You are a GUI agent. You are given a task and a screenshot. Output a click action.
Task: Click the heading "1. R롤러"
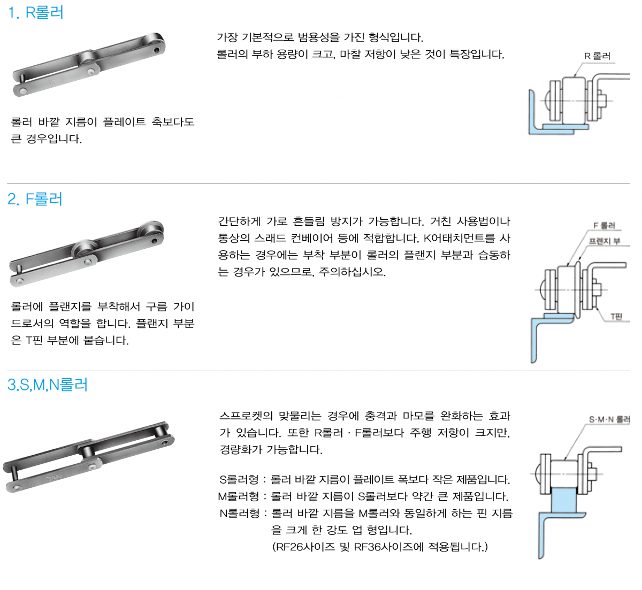(x=35, y=13)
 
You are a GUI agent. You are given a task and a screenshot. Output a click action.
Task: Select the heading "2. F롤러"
(x=35, y=199)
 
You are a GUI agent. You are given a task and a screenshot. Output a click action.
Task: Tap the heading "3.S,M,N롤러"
(x=48, y=385)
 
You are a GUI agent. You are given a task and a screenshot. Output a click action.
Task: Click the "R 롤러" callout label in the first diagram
(x=597, y=56)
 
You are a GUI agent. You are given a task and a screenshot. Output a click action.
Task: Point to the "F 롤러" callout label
(x=604, y=225)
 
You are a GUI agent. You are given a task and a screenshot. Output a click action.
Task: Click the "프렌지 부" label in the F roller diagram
(x=605, y=241)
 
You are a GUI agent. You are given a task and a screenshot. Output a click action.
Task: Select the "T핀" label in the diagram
(x=616, y=317)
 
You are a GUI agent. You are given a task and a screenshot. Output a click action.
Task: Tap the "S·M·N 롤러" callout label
(x=609, y=419)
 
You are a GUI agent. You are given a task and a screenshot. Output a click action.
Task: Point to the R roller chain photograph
(x=89, y=64)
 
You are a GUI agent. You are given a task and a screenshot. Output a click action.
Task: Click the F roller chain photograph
(x=87, y=254)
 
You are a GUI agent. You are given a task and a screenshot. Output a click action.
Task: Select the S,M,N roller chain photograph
(x=89, y=457)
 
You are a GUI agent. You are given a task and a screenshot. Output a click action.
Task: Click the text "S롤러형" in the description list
(x=239, y=480)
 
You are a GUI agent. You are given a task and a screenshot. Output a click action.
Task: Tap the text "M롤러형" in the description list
(x=239, y=496)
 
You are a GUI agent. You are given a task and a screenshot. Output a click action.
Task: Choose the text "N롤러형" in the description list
(x=239, y=514)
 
